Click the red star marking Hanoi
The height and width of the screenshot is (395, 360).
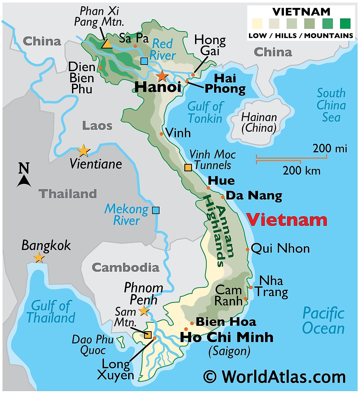coord(162,76)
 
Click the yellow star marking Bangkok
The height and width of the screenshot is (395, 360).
coord(39,258)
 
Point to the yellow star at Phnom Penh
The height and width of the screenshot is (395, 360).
coord(144,311)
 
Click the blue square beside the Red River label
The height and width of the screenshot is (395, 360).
coord(144,61)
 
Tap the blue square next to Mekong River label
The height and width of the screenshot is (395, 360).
coord(156,210)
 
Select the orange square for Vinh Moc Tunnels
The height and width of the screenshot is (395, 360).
coord(188,167)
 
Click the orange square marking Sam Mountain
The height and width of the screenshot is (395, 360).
coord(148,335)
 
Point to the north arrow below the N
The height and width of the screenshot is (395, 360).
coord(24,181)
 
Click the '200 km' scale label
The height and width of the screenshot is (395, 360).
coord(301,171)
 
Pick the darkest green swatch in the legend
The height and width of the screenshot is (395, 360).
coord(345,24)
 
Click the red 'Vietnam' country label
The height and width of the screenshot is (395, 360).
coord(287,220)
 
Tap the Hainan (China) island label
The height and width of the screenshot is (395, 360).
coord(259,122)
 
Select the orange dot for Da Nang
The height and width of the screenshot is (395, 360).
coord(223,197)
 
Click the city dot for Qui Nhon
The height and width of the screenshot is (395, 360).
coord(247,249)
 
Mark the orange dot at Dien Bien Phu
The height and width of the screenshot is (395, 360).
coord(100,67)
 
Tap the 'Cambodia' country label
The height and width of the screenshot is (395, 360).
coord(125,268)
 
